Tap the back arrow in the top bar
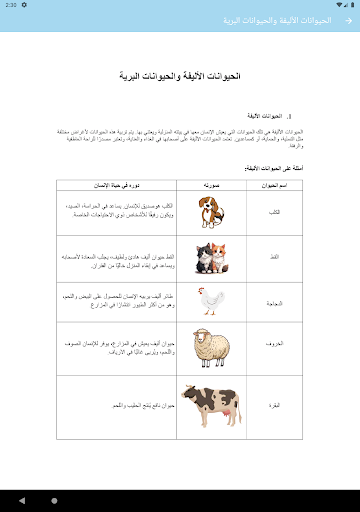tap(346, 22)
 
